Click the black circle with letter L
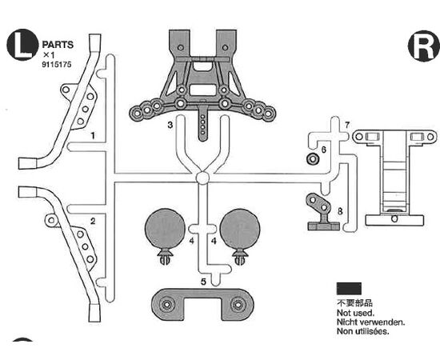coord(22,45)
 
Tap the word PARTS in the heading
coord(58,45)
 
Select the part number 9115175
coord(57,65)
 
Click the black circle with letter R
coord(424,46)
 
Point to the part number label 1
coord(93,136)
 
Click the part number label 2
coord(93,222)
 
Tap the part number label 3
coord(170,125)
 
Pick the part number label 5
coord(204,282)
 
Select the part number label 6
coord(323,150)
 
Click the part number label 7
coord(347,125)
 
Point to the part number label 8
coord(340,211)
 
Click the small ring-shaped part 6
coord(312,159)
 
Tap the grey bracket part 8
coord(322,213)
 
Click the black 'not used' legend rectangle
coord(349,289)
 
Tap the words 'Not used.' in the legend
coord(355,313)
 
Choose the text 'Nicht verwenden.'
coord(370,322)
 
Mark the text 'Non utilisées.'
coord(363,331)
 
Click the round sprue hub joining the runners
coord(202,178)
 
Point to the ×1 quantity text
coord(49,55)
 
